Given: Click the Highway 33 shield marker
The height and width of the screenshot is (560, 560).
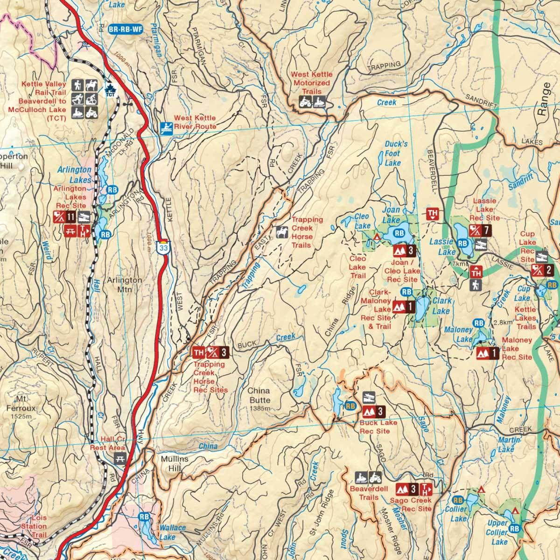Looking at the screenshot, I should point(163,247).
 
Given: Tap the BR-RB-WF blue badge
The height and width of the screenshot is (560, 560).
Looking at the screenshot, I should point(125,29).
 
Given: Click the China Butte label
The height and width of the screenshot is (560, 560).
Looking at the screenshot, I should point(259,396).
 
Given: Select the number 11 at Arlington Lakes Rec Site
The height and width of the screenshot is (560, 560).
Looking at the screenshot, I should point(70,217).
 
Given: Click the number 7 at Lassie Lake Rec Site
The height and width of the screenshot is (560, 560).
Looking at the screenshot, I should point(486,230).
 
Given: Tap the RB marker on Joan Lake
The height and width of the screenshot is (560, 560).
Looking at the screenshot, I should point(399,233).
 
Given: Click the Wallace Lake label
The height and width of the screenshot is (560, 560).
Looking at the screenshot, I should point(172,532).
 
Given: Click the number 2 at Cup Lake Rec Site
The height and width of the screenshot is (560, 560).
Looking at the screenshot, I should point(549,269).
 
